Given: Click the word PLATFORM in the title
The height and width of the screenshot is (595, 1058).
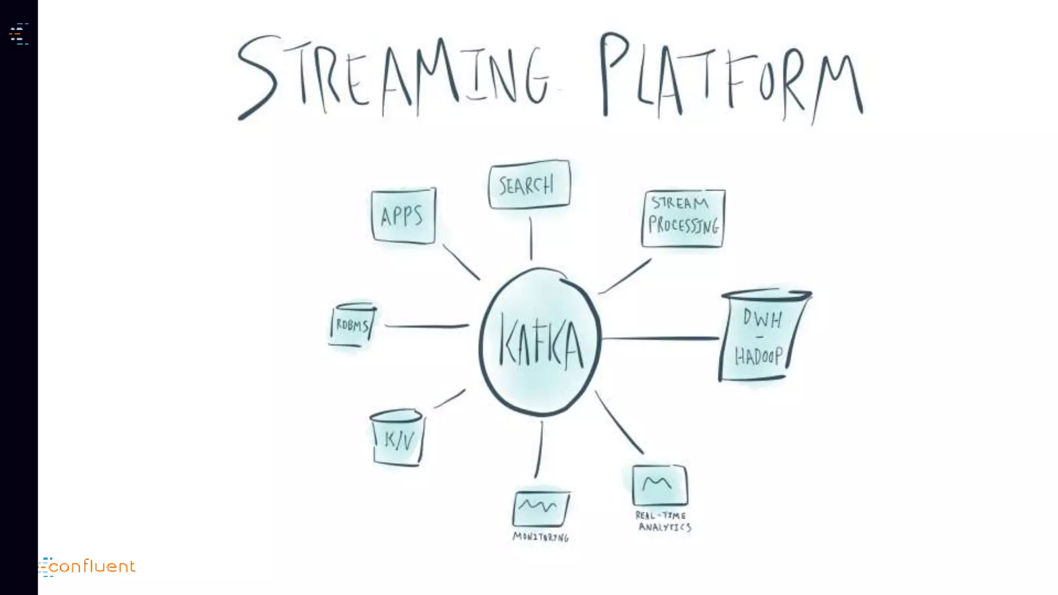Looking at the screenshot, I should pyautogui.click(x=731, y=77).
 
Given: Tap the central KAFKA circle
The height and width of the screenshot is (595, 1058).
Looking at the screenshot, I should pyautogui.click(x=540, y=342).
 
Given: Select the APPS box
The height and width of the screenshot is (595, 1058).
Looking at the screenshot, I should pyautogui.click(x=403, y=216).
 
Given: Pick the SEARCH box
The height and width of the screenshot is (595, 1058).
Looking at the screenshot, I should pyautogui.click(x=529, y=184).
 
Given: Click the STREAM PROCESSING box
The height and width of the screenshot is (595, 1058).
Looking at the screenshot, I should pyautogui.click(x=683, y=218).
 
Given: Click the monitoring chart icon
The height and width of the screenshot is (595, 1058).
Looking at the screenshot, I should pyautogui.click(x=540, y=508).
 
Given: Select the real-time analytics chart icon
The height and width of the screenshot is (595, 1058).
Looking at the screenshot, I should pyautogui.click(x=660, y=485).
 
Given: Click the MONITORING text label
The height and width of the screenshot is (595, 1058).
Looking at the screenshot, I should pyautogui.click(x=540, y=537).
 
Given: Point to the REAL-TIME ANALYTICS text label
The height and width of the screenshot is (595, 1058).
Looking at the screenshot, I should pyautogui.click(x=663, y=521).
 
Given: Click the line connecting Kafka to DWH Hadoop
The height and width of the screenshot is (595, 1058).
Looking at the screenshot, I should pyautogui.click(x=660, y=338).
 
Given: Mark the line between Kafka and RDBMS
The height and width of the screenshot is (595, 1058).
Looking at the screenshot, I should pyautogui.click(x=427, y=326).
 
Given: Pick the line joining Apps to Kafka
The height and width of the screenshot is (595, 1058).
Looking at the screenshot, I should pyautogui.click(x=461, y=262).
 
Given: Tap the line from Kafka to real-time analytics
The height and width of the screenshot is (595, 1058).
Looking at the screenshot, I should pyautogui.click(x=619, y=422).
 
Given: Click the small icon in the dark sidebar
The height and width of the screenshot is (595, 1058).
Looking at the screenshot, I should pyautogui.click(x=19, y=34).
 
